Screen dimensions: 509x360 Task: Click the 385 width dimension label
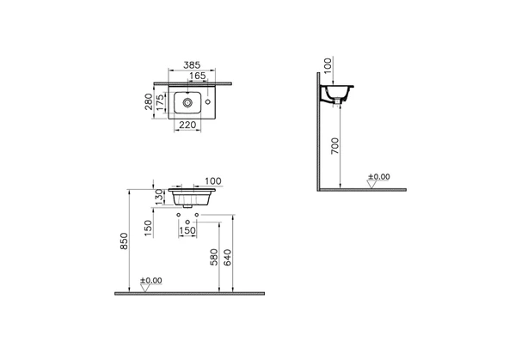[x=192, y=65]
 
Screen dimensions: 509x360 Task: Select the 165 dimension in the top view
[x=198, y=76]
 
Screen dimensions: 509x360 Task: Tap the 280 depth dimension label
[x=149, y=101]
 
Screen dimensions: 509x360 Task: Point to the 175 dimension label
[x=161, y=102]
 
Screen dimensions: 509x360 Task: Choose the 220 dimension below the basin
[x=187, y=125]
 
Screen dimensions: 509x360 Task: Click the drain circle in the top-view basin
[x=187, y=102]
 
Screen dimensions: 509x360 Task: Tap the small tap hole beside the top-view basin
[x=208, y=102]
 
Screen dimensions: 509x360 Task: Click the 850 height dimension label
[x=125, y=241]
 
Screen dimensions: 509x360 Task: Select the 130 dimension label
[x=159, y=197]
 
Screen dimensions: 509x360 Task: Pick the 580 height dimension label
[x=214, y=257]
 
